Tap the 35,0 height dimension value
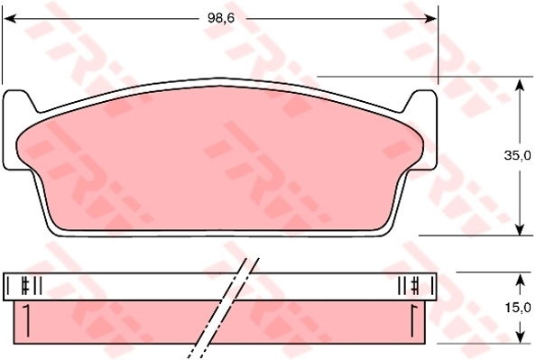coord(517,156)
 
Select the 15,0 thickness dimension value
coord(517,308)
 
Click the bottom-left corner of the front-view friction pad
coord(56,226)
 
